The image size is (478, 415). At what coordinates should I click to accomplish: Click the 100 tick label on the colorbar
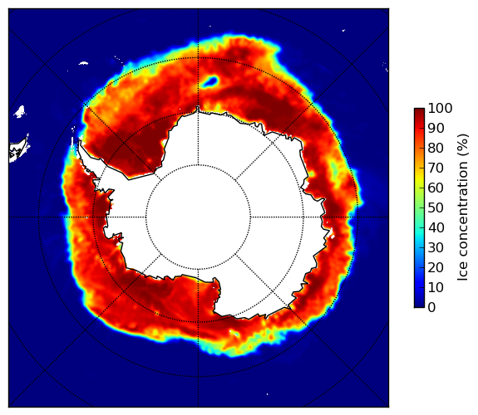(440, 109)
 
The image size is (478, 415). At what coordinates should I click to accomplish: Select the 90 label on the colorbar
(436, 128)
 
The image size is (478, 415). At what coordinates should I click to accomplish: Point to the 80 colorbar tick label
(436, 149)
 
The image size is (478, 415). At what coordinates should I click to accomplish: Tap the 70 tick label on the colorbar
(436, 168)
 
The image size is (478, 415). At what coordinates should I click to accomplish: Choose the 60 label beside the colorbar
(436, 188)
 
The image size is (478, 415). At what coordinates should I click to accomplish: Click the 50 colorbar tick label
(436, 208)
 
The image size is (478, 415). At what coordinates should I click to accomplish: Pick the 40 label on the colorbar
(436, 227)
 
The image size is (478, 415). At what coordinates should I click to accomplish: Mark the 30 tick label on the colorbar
(436, 248)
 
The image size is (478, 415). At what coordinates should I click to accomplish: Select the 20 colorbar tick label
(436, 267)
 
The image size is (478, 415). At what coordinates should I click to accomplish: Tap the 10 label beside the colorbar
(436, 287)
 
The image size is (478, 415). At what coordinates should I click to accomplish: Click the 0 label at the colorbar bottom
(432, 308)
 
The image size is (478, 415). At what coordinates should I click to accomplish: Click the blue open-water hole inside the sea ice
(210, 81)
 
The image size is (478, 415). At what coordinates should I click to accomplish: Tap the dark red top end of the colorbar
(419, 110)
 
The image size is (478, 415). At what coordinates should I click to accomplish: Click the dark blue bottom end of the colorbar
(419, 305)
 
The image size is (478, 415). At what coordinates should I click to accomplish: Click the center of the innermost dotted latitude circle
(198, 217)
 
